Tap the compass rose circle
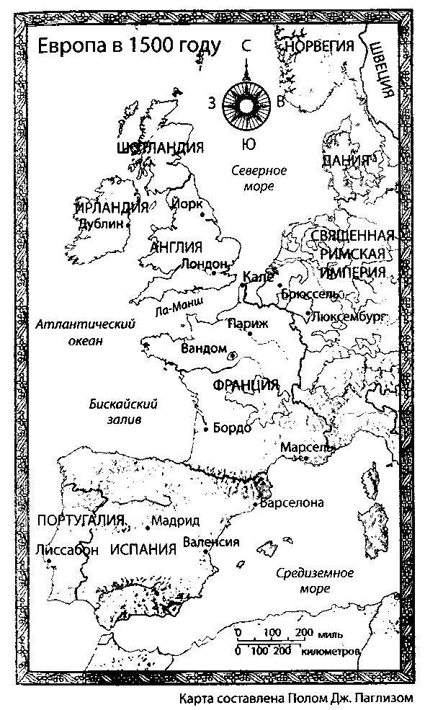coord(246,102)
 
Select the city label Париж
coord(248,324)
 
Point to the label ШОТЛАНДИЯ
coord(160,148)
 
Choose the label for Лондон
coord(205,264)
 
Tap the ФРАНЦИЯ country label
coord(246,385)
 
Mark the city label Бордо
coord(233,428)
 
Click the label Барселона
coord(292,502)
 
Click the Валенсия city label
coord(211,542)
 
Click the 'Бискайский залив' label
coord(124,412)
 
